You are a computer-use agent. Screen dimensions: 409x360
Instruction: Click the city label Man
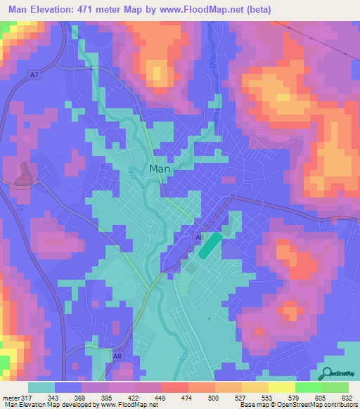160,170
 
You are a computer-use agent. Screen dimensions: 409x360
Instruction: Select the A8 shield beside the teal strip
199,238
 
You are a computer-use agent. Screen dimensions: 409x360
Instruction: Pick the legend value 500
204,398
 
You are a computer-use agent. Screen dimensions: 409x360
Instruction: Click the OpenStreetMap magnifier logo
327,372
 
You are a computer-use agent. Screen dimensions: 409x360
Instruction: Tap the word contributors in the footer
337,405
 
